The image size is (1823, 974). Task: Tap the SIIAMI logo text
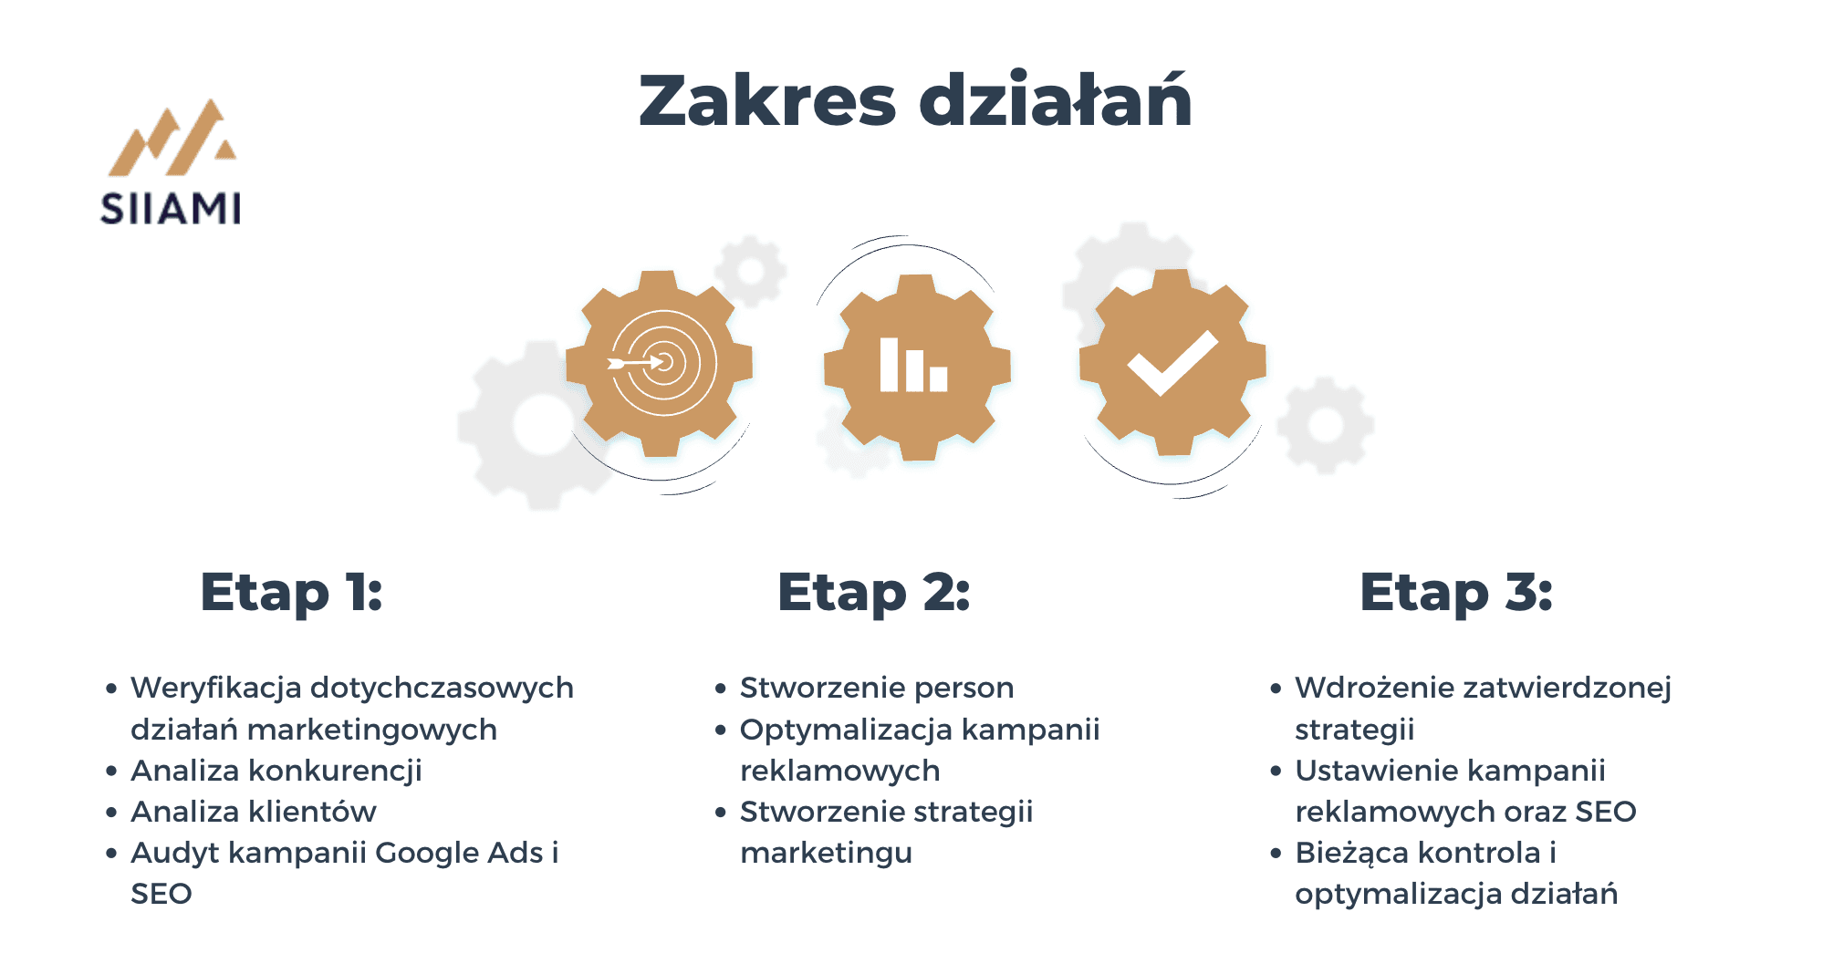tap(171, 209)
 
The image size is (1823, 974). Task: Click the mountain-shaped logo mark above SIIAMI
tap(172, 137)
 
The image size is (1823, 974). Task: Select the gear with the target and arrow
tap(660, 363)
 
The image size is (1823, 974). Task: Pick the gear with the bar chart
tap(917, 367)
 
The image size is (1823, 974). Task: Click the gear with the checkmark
tap(1172, 362)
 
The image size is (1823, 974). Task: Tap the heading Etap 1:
tap(291, 593)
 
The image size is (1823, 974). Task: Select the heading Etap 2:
tap(873, 593)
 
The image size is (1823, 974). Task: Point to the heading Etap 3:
tap(1455, 593)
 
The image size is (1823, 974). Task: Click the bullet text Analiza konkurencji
tap(276, 771)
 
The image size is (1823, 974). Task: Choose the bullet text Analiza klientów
tap(254, 812)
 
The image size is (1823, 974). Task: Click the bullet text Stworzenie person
tap(877, 688)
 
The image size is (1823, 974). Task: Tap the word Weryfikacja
tap(215, 688)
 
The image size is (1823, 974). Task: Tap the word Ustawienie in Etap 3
tap(1371, 771)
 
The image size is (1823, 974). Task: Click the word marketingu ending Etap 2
tap(827, 854)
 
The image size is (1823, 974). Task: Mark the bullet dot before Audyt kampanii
tap(111, 854)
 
